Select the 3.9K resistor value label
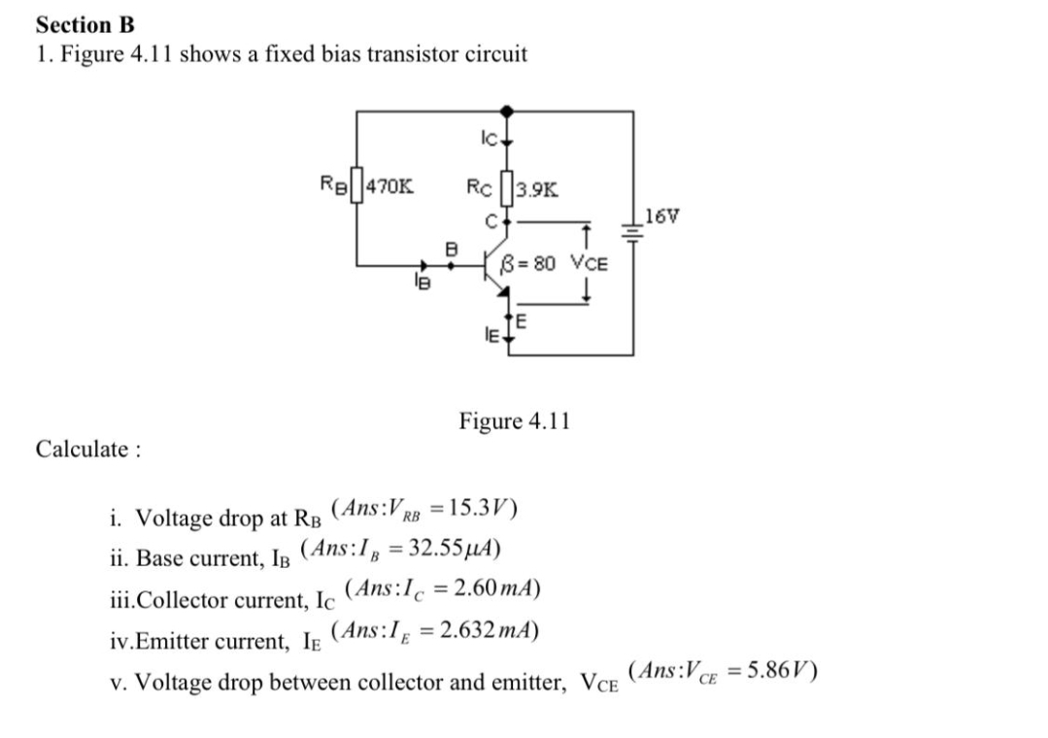[537, 188]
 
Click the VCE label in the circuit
[589, 261]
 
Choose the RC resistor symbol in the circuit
[504, 188]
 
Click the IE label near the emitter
[492, 335]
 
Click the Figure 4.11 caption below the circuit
[514, 421]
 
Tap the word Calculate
[87, 449]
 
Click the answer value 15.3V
[483, 507]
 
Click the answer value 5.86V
[784, 670]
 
